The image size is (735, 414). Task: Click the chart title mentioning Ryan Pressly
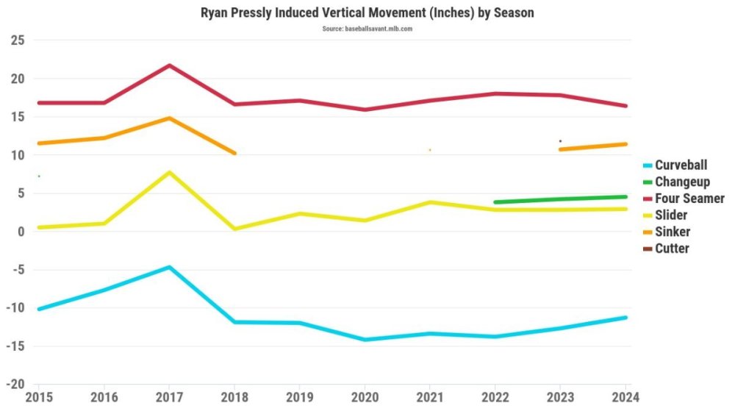(367, 13)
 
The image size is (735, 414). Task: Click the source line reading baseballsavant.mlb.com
(367, 28)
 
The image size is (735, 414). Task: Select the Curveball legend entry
(681, 165)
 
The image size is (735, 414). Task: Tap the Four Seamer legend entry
(689, 199)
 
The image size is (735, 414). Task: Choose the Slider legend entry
(672, 215)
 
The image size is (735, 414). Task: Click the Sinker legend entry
(673, 232)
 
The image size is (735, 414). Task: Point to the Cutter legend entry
(672, 248)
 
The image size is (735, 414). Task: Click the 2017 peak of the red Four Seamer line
(169, 65)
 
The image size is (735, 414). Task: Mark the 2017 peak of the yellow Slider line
(169, 172)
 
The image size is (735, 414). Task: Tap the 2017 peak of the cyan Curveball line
(169, 267)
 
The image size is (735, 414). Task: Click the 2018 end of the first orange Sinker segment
(234, 153)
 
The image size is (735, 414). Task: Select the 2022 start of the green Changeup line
(495, 201)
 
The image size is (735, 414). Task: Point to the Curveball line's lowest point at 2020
(365, 340)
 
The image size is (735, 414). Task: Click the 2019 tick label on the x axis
(300, 397)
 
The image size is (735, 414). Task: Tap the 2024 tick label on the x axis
(625, 397)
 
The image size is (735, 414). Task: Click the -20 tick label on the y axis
(15, 385)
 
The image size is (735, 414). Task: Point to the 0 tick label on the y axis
(21, 232)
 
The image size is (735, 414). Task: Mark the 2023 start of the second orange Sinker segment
(561, 149)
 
